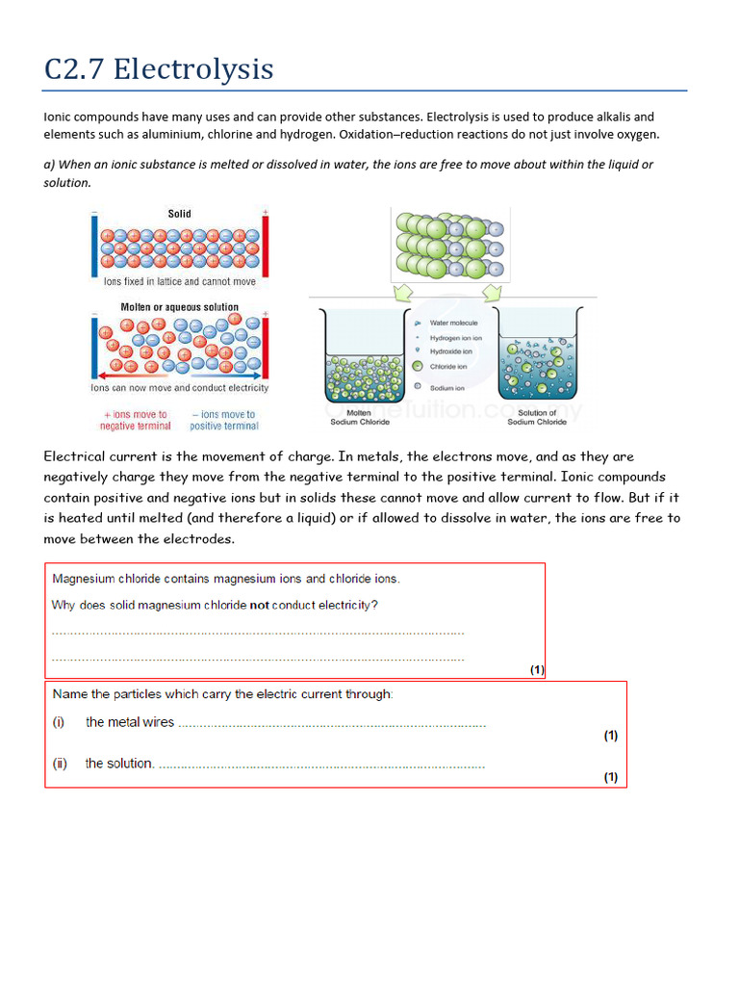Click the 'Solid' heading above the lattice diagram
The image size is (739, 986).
tap(179, 214)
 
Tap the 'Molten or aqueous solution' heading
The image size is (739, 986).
tap(179, 307)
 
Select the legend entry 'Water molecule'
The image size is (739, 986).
tap(453, 324)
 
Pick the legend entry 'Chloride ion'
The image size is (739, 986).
tap(447, 367)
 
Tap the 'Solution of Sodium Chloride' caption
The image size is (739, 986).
tap(537, 417)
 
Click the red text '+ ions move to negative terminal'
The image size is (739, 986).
tap(136, 420)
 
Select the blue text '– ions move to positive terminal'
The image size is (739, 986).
tap(224, 420)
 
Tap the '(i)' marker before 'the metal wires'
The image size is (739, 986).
tap(59, 722)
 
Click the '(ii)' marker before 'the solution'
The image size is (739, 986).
tap(60, 764)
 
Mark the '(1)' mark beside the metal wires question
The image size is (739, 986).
tap(610, 736)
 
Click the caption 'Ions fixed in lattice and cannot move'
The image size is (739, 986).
tap(179, 282)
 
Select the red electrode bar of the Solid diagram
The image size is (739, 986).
tap(265, 245)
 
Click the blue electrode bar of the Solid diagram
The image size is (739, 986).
tap(94, 245)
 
